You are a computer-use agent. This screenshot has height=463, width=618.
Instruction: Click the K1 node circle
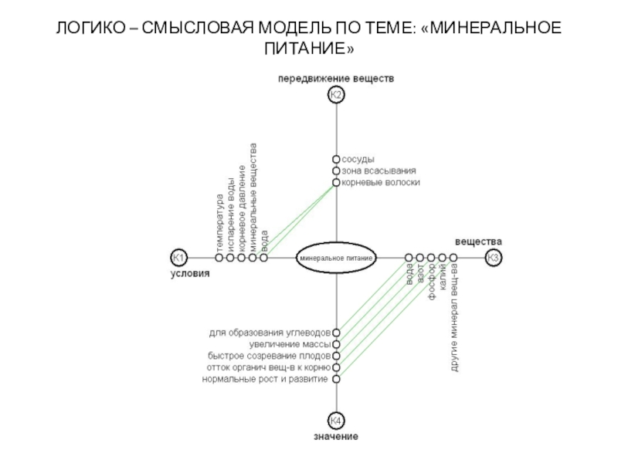click(178, 258)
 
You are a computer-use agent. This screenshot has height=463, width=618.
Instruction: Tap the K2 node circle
click(336, 95)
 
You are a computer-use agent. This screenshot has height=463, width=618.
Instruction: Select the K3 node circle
click(494, 258)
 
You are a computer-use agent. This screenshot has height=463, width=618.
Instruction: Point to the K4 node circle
click(336, 421)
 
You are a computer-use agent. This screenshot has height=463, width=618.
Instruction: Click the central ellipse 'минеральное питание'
click(336, 258)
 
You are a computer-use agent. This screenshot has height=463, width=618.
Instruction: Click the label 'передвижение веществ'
click(336, 79)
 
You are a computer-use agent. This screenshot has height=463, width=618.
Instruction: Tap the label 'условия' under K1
click(189, 273)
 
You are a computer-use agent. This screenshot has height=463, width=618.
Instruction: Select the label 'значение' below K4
click(336, 437)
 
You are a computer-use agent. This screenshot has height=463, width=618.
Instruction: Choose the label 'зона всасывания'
click(379, 171)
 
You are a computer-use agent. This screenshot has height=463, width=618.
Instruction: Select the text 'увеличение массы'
click(290, 344)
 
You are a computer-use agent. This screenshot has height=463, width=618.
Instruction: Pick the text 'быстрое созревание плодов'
click(269, 356)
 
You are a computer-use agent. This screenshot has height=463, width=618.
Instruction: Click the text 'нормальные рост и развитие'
click(266, 379)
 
